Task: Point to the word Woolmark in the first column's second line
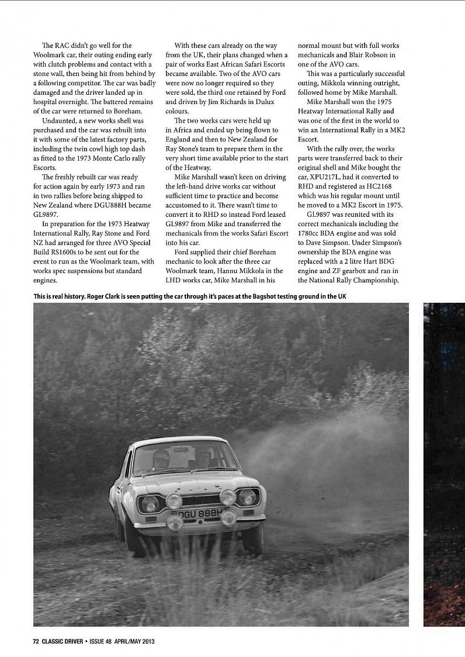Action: (x=51, y=55)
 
